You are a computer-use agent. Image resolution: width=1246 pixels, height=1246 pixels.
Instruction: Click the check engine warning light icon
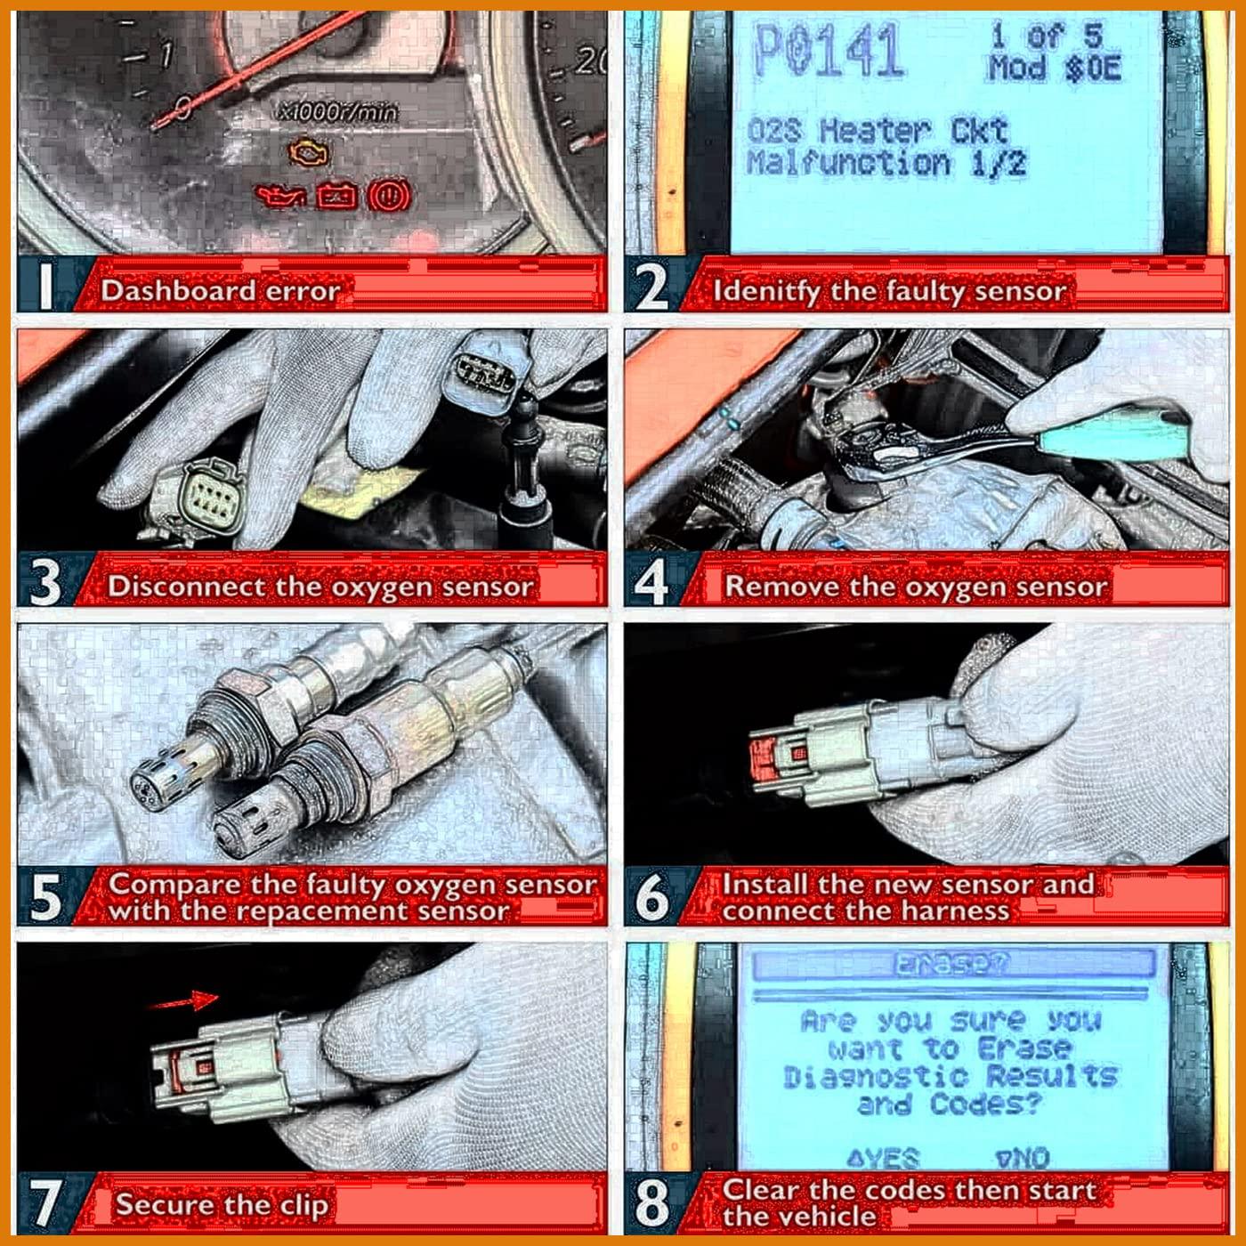click(x=308, y=155)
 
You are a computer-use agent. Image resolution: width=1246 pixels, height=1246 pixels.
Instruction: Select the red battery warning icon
click(x=337, y=196)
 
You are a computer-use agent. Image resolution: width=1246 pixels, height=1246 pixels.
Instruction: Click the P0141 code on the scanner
click(x=828, y=52)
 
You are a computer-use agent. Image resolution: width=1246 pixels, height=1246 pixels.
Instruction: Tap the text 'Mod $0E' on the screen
click(x=1053, y=69)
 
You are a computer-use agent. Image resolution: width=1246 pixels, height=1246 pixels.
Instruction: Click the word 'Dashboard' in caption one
click(x=178, y=291)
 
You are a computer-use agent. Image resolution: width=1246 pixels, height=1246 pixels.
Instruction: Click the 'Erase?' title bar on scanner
click(x=952, y=964)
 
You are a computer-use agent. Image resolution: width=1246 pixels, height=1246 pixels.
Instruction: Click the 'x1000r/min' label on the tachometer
click(x=338, y=112)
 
